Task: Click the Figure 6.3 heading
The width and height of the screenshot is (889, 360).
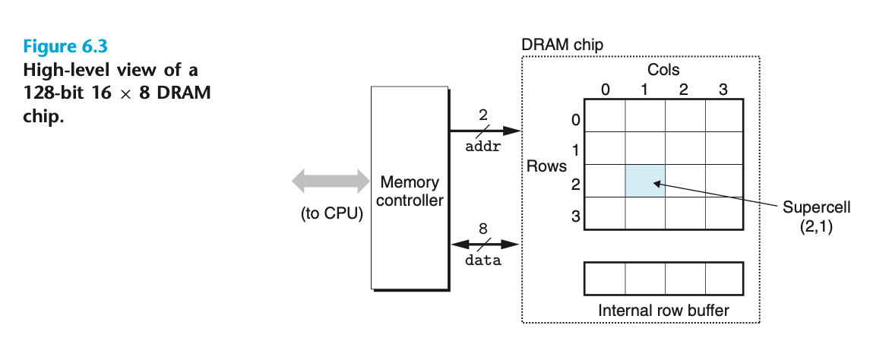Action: [60, 46]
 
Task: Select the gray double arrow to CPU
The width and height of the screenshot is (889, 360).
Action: [331, 182]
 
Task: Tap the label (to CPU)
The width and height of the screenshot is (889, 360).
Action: [332, 213]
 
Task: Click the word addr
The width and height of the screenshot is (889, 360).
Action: [482, 147]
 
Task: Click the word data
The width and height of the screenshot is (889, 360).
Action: [483, 261]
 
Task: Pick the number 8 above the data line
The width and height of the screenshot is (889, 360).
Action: [483, 228]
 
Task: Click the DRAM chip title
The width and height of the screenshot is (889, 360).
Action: [562, 45]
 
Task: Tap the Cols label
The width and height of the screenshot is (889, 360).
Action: [663, 70]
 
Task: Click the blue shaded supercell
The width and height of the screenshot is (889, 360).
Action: [645, 181]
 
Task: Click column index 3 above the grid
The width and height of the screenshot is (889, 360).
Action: [723, 90]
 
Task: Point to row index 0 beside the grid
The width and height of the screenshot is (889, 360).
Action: [575, 120]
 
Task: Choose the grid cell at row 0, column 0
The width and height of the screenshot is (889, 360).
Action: [605, 115]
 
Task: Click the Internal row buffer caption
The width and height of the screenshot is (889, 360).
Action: [663, 310]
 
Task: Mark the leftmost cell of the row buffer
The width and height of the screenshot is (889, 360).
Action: [605, 279]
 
